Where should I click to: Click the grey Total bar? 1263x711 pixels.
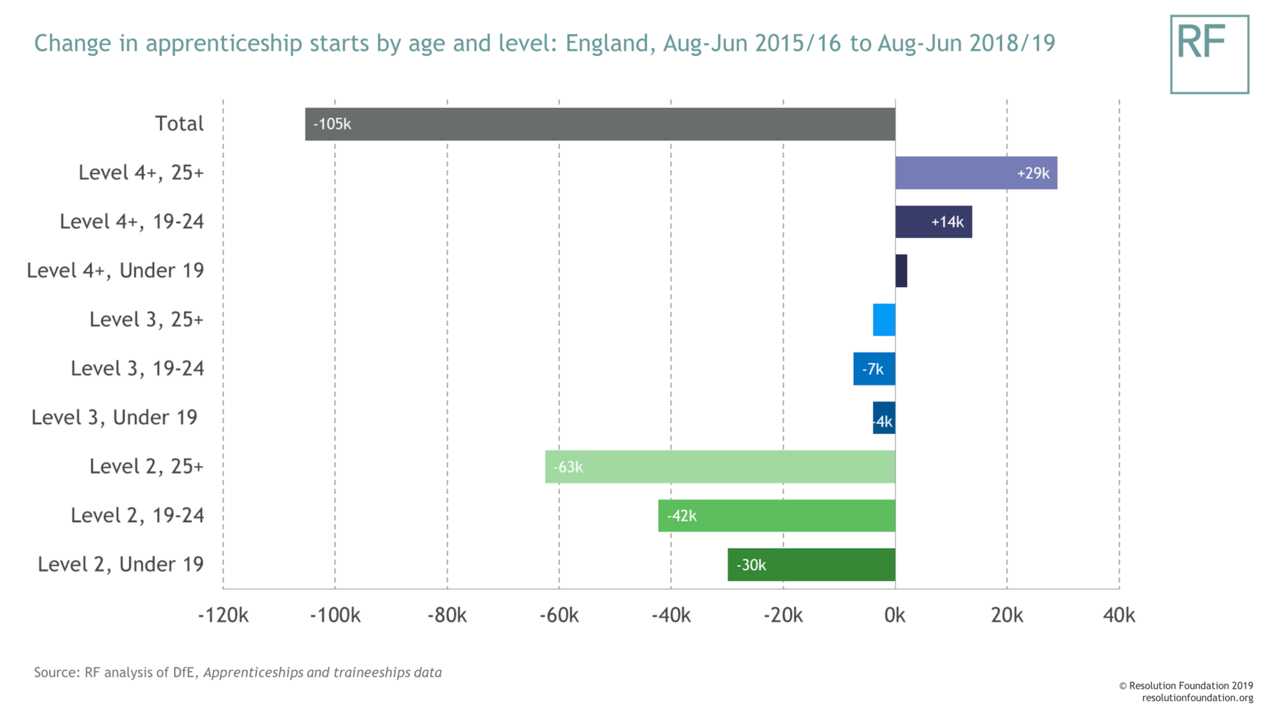pos(600,124)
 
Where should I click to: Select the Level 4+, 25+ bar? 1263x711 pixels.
pos(975,173)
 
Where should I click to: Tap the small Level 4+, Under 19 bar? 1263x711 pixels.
pos(901,271)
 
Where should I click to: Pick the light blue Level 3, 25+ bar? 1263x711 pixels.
pos(884,320)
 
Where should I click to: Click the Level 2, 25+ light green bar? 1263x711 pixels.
pos(720,467)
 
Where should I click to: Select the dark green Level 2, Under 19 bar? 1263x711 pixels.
pos(811,565)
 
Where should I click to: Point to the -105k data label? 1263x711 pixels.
pos(332,124)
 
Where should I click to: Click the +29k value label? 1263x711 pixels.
pos(1033,173)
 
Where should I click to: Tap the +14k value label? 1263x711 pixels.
pos(947,222)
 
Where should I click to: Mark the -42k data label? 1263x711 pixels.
pos(681,516)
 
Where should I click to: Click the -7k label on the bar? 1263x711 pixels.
pos(873,369)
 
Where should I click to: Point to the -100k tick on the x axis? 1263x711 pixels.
pos(335,616)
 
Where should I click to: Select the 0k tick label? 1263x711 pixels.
pos(895,616)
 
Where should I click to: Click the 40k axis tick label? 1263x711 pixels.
pos(1118,616)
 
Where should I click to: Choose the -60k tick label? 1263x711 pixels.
pos(559,616)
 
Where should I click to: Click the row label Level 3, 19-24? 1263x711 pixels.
pos(138,368)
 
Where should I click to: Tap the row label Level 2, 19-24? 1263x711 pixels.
pos(138,515)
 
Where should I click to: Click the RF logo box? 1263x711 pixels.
pos(1209,54)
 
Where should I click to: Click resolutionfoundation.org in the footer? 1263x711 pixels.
pos(1197,698)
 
